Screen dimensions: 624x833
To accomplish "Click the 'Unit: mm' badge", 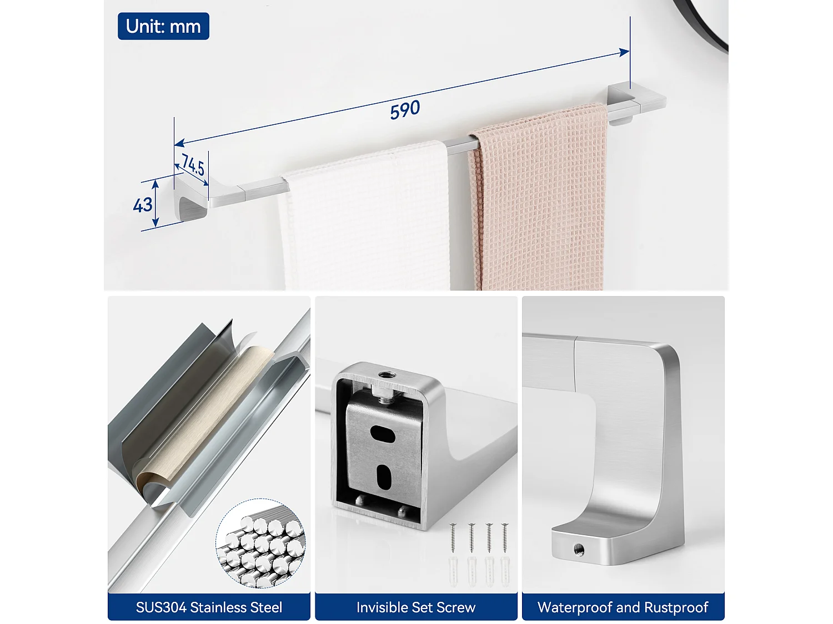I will pos(163,26).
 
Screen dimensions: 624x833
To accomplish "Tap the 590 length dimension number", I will pos(405,110).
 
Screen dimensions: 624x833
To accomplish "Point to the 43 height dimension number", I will pos(143,205).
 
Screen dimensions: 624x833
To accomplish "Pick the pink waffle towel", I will pos(539,200).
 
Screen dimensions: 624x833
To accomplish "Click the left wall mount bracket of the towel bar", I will pos(190,200).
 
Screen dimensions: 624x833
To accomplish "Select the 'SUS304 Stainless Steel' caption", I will pos(209,607).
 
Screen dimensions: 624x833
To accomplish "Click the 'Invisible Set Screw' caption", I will pos(416,607).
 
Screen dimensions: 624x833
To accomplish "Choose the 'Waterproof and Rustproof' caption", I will pos(623,607).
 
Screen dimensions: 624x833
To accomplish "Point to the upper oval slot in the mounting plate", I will pos(383,433).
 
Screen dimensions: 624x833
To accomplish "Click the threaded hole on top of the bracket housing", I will pos(384,375).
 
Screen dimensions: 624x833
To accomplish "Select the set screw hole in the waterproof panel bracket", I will pos(578,550).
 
